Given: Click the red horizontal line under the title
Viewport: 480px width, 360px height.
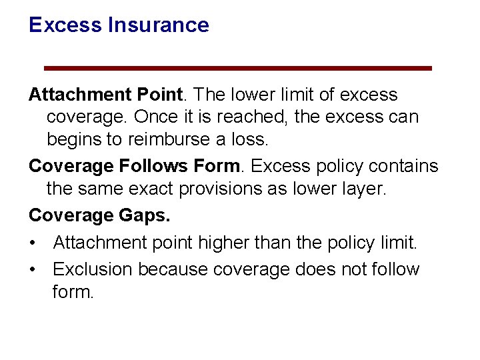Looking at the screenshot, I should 237,68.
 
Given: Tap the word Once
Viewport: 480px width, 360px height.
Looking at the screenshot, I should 155,117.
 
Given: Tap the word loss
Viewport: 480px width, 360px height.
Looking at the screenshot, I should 250,139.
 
